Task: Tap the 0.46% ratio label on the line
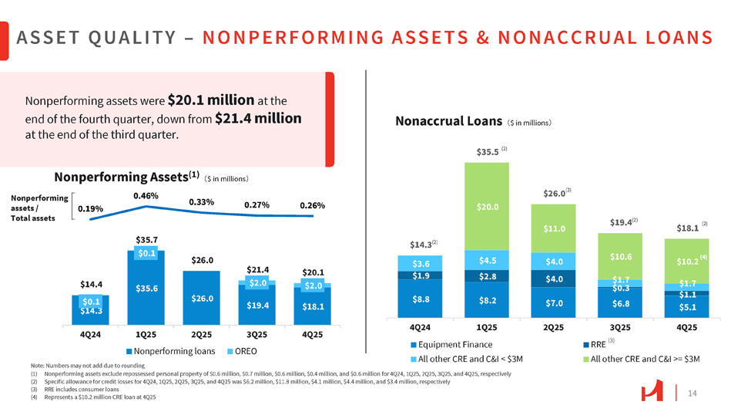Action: [x=146, y=196]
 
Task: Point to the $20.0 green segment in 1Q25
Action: [x=486, y=207]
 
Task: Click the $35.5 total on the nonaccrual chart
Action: [x=486, y=151]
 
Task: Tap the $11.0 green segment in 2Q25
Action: [x=553, y=228]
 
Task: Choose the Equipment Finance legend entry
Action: [x=455, y=344]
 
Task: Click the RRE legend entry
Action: [x=598, y=344]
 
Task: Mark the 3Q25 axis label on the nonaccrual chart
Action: [x=619, y=326]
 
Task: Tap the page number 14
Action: [x=692, y=393]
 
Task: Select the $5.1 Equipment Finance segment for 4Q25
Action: [x=686, y=307]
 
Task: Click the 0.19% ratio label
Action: [x=91, y=208]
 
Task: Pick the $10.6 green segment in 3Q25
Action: [x=619, y=256]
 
